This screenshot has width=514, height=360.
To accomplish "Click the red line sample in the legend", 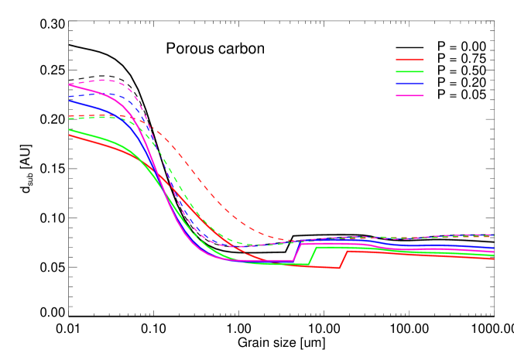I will pyautogui.click(x=409, y=60).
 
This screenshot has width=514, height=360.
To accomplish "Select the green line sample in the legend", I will pyautogui.click(x=409, y=71).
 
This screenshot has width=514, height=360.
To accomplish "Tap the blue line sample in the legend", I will pyautogui.click(x=409, y=84).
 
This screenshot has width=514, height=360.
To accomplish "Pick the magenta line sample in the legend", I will pyautogui.click(x=409, y=95).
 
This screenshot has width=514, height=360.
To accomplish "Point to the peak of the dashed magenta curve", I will pyautogui.click(x=105, y=80).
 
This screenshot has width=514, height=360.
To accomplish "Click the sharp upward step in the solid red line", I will pyautogui.click(x=343, y=259).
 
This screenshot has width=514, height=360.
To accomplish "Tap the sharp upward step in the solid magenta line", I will pyautogui.click(x=296, y=252).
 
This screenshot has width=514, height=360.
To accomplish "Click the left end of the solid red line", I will pyautogui.click(x=70, y=135).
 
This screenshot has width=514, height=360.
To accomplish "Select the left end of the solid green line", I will pyautogui.click(x=70, y=129).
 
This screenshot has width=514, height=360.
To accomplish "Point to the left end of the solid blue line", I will pyautogui.click(x=70, y=101).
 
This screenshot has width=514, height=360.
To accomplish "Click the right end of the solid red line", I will pyautogui.click(x=494, y=259).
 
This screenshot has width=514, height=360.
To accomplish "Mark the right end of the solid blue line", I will pyautogui.click(x=494, y=248).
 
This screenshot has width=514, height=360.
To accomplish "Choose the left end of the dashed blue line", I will pyautogui.click(x=70, y=97).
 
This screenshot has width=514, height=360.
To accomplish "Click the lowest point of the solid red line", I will pyautogui.click(x=339, y=268).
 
